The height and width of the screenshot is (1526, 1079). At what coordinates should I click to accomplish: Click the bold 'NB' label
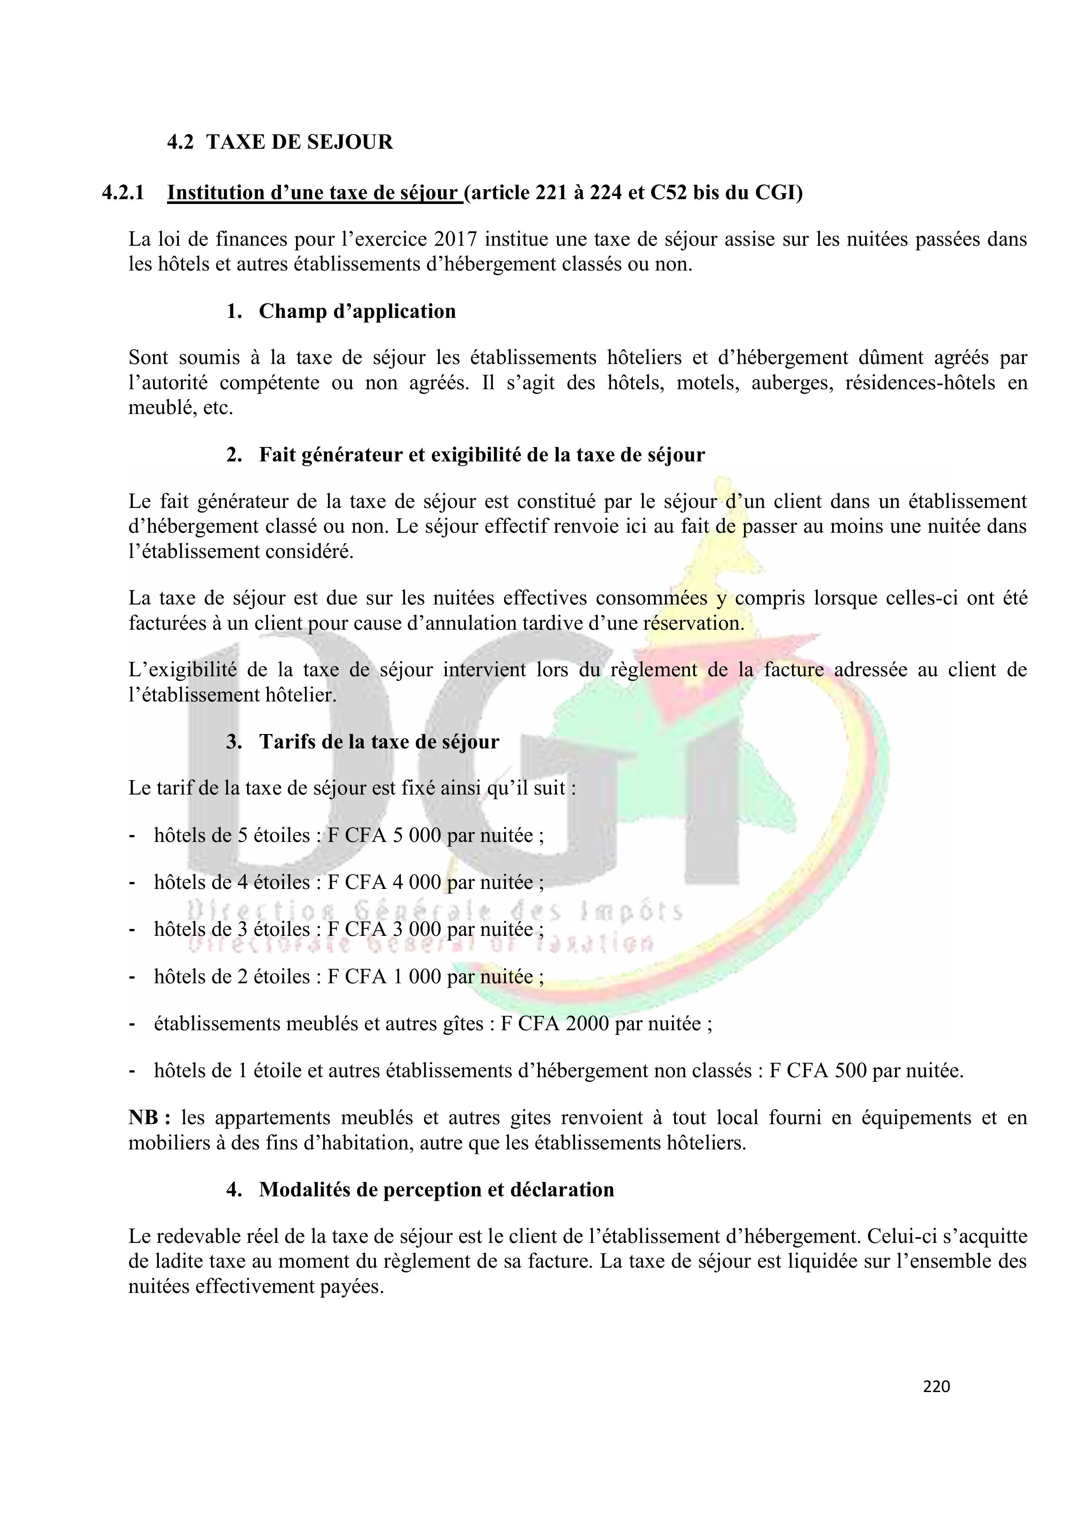pos(144,1118)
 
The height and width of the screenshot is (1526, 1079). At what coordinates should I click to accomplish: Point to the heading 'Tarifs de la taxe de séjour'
pos(379,742)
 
